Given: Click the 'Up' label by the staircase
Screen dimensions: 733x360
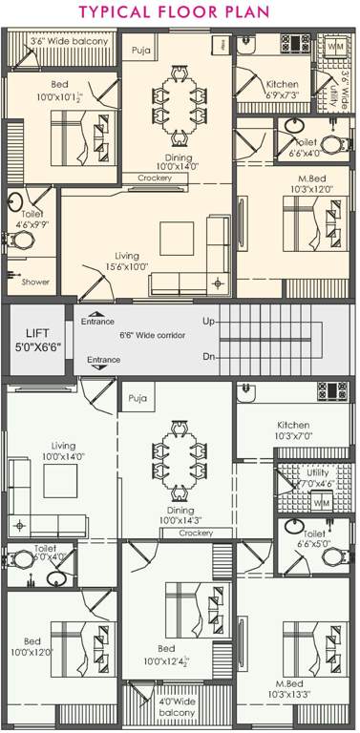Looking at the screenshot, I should tap(208, 322).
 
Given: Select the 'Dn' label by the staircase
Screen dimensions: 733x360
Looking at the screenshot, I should tap(208, 356).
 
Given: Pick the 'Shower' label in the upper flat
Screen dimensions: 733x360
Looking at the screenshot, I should tap(34, 283).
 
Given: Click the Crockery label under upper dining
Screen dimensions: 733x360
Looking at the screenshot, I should tap(154, 178).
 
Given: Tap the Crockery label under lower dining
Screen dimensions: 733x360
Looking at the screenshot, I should tap(194, 534).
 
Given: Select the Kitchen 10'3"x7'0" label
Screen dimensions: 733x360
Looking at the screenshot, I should tap(293, 430).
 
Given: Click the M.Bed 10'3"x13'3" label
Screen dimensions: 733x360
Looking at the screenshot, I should tap(296, 689).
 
